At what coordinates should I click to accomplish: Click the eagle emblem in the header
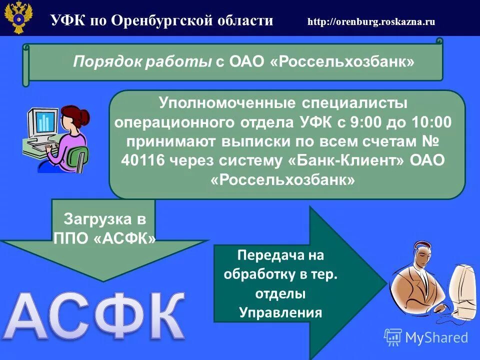click(18, 18)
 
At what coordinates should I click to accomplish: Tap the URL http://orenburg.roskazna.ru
click(371, 21)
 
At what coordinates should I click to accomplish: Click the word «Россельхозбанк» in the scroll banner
click(346, 62)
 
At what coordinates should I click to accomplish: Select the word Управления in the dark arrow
click(280, 313)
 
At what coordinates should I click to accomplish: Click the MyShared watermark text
click(436, 337)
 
